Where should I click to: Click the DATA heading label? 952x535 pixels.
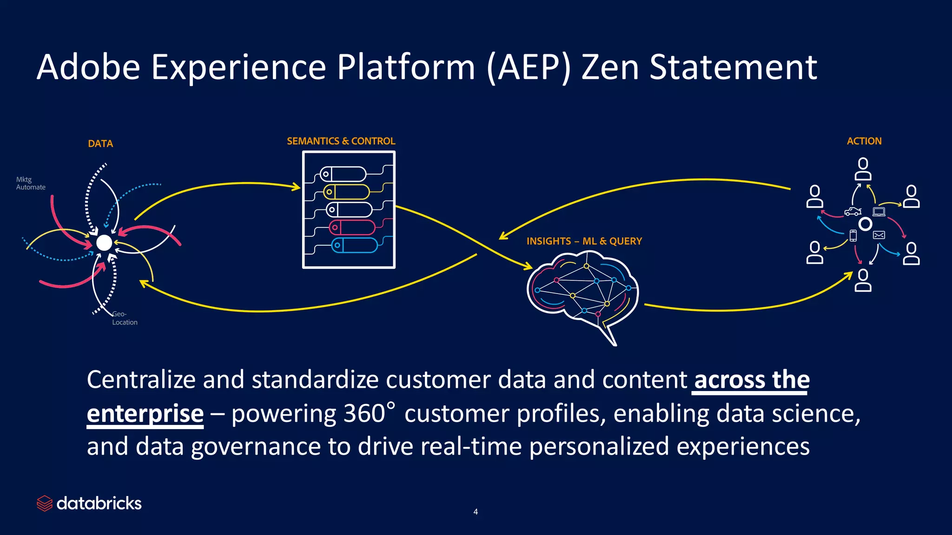[100, 144]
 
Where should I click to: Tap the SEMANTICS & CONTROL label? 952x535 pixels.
[341, 141]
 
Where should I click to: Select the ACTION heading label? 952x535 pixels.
[864, 141]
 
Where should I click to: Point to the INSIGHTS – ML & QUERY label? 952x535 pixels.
[584, 241]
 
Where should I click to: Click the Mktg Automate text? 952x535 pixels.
[31, 183]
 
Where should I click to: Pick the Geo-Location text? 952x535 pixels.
[125, 318]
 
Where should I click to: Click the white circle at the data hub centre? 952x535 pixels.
[104, 242]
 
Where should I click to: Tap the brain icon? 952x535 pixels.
[583, 293]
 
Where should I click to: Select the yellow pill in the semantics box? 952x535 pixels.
[347, 192]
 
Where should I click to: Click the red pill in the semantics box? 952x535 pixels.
[352, 228]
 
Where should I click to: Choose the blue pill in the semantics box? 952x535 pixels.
[354, 245]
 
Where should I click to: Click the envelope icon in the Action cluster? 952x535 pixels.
[879, 235]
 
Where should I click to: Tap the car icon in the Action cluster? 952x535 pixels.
[853, 212]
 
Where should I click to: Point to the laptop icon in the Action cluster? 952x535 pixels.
[879, 212]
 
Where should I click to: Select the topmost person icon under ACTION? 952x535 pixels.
[863, 169]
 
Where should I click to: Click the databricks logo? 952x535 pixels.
[89, 503]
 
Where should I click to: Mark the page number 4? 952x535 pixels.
[476, 512]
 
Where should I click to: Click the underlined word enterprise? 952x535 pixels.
[145, 413]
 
